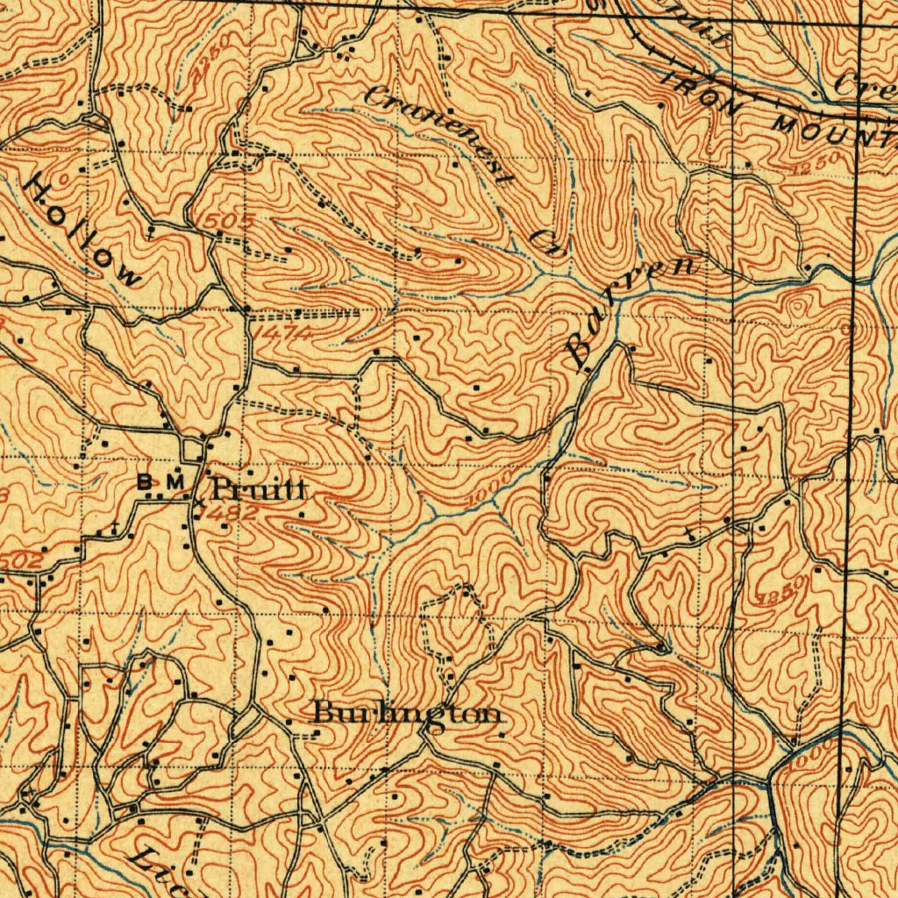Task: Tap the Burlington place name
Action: (x=409, y=714)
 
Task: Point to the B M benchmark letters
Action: (x=162, y=481)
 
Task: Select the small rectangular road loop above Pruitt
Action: (x=194, y=452)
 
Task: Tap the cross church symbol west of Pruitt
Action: (x=115, y=530)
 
